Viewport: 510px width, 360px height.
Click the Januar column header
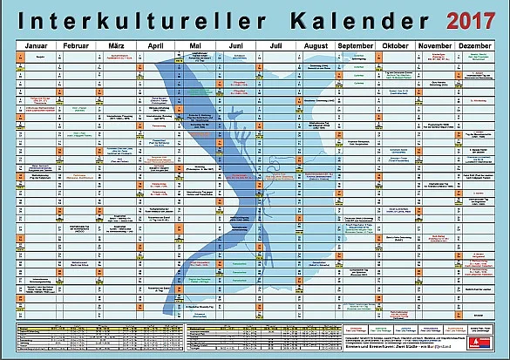(37, 44)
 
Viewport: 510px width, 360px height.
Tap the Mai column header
(195, 44)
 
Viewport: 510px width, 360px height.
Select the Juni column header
(235, 44)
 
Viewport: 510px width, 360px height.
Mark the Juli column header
(275, 44)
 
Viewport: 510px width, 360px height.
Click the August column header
(316, 44)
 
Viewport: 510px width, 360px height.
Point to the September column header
(356, 44)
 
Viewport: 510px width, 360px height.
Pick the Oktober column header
(395, 44)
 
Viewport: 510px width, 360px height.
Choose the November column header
(435, 44)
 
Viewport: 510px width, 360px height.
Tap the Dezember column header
(474, 44)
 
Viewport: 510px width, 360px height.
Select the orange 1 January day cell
(20, 54)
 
